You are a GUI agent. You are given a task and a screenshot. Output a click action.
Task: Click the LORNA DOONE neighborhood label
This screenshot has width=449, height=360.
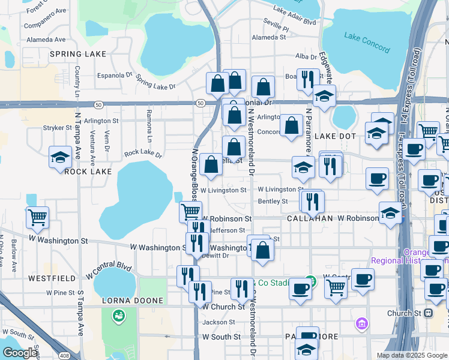click(x=132, y=301)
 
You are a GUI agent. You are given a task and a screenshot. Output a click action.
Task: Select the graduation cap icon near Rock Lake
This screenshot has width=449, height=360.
click(x=60, y=158)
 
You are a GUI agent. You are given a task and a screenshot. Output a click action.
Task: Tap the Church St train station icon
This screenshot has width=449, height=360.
click(x=429, y=313)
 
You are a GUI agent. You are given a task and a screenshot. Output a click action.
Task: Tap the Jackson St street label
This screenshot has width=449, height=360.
click(x=215, y=322)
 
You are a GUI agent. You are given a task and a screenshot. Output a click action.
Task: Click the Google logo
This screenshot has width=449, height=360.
click(x=20, y=353)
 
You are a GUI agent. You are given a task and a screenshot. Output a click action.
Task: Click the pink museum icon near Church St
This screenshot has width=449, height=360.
click(x=361, y=324)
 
